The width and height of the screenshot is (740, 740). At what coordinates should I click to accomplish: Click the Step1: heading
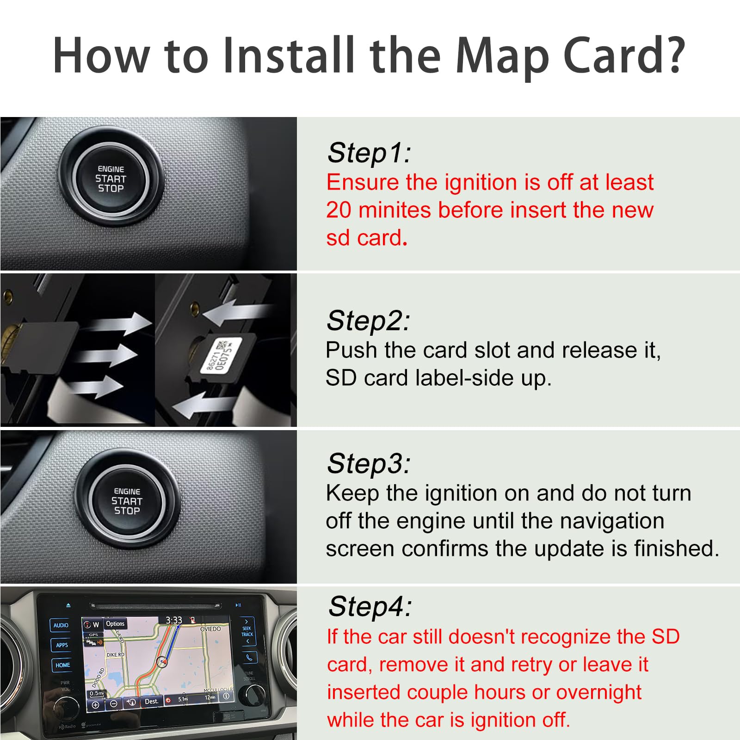(x=369, y=153)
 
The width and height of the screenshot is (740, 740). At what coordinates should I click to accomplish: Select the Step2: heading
(x=368, y=321)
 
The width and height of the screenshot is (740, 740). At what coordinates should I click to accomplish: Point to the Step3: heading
(x=368, y=463)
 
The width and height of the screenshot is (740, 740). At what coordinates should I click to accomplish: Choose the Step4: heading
(x=370, y=606)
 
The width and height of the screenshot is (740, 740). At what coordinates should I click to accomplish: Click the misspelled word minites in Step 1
(x=395, y=210)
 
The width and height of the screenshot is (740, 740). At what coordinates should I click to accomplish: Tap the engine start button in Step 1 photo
(x=111, y=179)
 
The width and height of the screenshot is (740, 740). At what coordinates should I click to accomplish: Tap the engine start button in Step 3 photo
(x=127, y=501)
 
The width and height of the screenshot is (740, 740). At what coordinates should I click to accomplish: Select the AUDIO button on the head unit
(x=61, y=625)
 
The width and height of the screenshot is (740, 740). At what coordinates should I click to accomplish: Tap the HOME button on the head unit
(x=62, y=665)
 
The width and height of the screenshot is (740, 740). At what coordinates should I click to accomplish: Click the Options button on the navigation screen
(x=115, y=624)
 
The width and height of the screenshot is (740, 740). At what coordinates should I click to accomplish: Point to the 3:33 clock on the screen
(x=174, y=620)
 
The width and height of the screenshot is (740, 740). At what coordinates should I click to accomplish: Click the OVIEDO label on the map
(x=210, y=629)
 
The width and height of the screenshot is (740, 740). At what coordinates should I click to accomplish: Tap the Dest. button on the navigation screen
(x=151, y=702)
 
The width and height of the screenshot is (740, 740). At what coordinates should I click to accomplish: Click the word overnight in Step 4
(x=598, y=693)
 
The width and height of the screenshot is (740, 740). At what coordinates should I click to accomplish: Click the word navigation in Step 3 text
(x=611, y=521)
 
